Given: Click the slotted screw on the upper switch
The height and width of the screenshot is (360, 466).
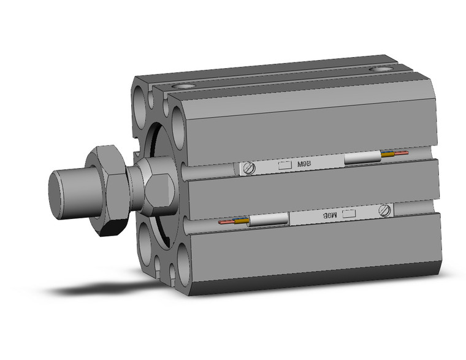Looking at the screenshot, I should tap(249, 167).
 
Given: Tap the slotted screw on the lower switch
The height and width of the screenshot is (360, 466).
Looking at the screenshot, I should tap(386, 210).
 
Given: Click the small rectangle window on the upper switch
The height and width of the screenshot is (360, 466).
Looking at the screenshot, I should tap(285, 164).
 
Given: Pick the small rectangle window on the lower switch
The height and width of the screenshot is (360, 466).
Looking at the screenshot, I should tap(349, 213).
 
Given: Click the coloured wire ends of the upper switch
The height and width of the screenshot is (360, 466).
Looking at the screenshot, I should tap(394, 154).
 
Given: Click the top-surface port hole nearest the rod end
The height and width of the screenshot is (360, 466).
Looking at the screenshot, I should tap(182, 86).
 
